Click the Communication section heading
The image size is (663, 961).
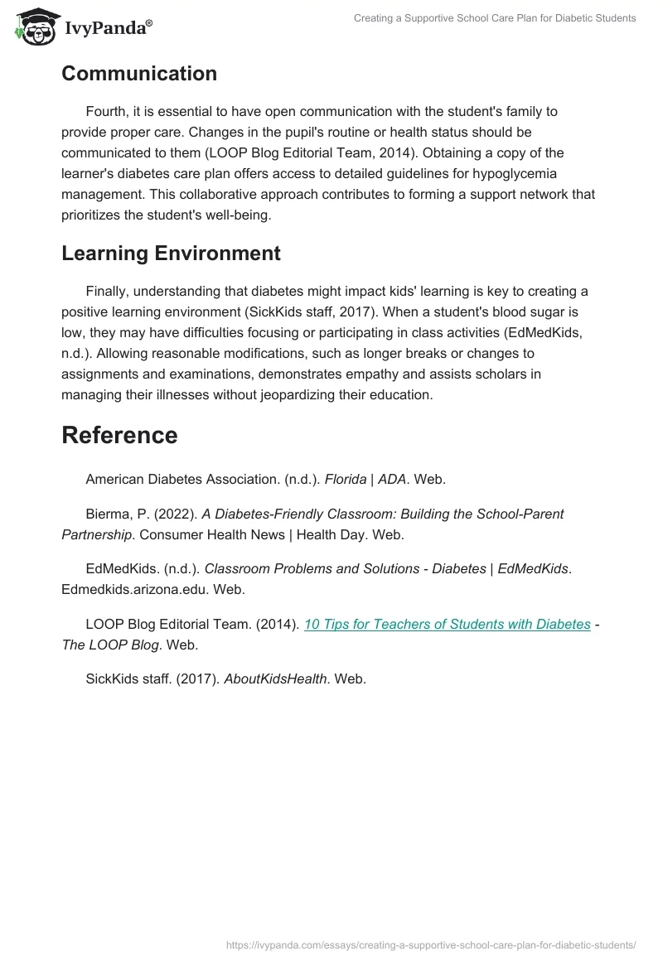[x=139, y=73]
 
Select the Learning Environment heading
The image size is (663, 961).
[x=171, y=253]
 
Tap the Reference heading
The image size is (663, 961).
[x=119, y=435]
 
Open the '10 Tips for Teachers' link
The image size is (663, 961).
[x=448, y=624]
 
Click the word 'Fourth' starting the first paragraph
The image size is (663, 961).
[x=108, y=111]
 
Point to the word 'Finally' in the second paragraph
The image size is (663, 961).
[x=108, y=291]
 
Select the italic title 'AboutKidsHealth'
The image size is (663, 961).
[x=276, y=678]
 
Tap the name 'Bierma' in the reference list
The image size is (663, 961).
[x=109, y=514]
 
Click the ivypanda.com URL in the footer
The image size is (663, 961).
[x=431, y=944]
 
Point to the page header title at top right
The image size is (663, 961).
[x=495, y=18]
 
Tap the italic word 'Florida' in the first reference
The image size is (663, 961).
[x=346, y=479]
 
